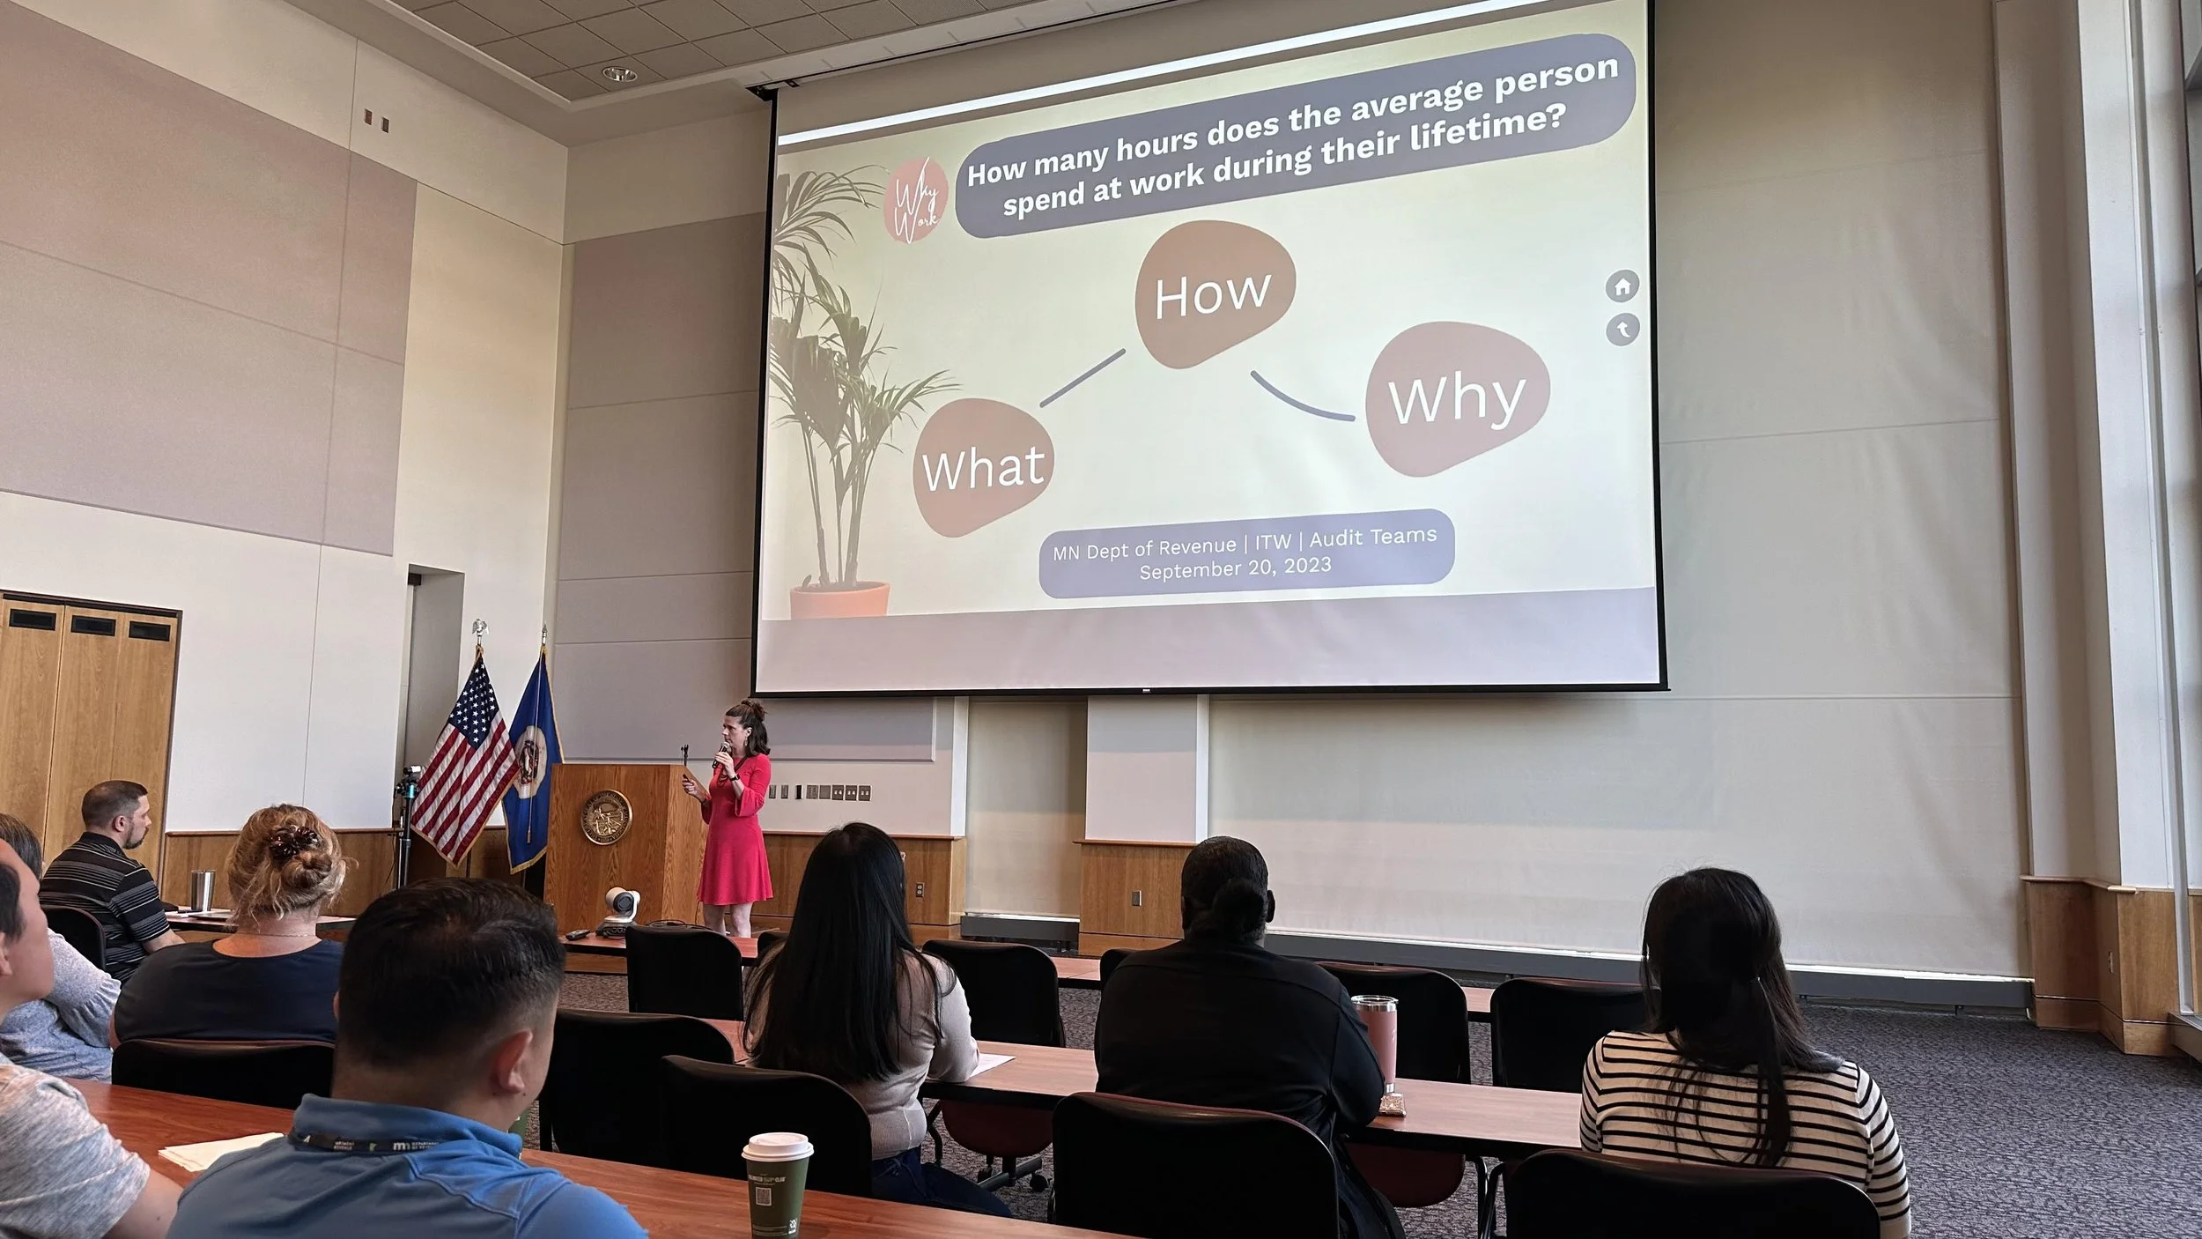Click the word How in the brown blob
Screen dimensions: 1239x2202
pyautogui.click(x=1212, y=294)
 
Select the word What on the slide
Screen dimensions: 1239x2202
pyautogui.click(x=983, y=468)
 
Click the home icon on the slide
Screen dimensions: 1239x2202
pyautogui.click(x=1622, y=286)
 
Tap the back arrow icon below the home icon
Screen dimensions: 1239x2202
pyautogui.click(x=1622, y=330)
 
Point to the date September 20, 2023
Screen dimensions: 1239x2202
pyautogui.click(x=1235, y=568)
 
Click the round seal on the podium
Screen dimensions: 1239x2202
pyautogui.click(x=606, y=816)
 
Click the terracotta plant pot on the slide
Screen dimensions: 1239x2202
pyautogui.click(x=839, y=598)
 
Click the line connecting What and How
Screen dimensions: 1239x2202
pyautogui.click(x=1083, y=378)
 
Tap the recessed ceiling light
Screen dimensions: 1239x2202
pyautogui.click(x=620, y=73)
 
